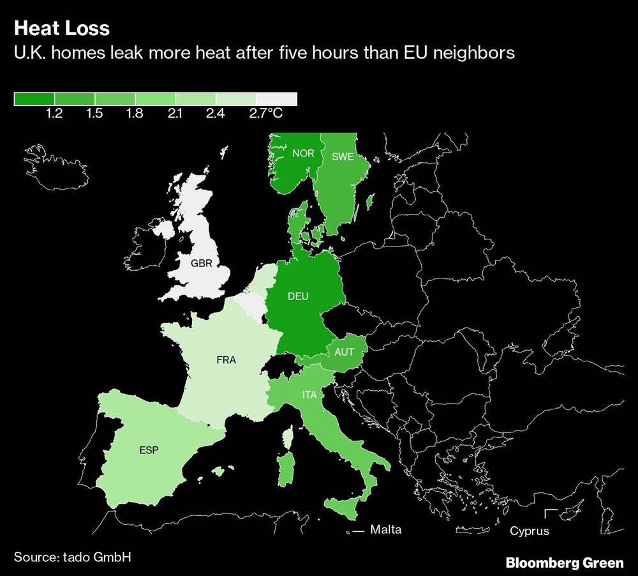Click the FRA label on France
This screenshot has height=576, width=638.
click(x=226, y=360)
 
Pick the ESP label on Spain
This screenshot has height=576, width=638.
click(x=148, y=450)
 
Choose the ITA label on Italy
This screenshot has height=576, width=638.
click(x=309, y=395)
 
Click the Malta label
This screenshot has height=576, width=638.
click(x=386, y=529)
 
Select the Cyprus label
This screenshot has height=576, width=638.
click(x=530, y=531)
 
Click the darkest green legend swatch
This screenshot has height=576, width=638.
click(x=34, y=99)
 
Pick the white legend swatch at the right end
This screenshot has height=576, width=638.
click(x=276, y=99)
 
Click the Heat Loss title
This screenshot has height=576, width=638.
click(x=61, y=29)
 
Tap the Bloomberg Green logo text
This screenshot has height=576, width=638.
click(x=565, y=563)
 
